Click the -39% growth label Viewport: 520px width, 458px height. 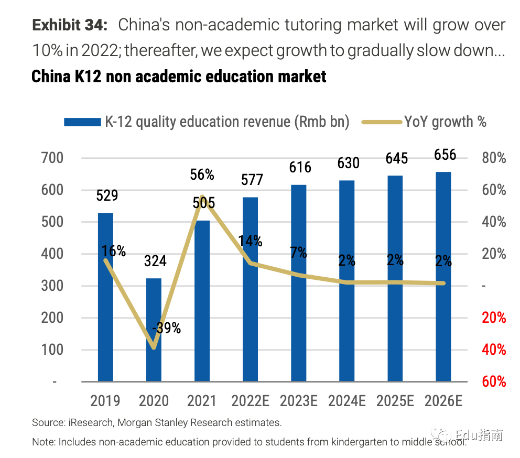(x=166, y=328)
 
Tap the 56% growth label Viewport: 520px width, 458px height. (x=202, y=175)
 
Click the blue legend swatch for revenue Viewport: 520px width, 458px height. (x=82, y=122)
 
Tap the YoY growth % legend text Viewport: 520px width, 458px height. (x=445, y=122)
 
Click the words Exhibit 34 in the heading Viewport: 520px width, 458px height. (x=70, y=25)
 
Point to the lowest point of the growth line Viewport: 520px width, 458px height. (x=154, y=347)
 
